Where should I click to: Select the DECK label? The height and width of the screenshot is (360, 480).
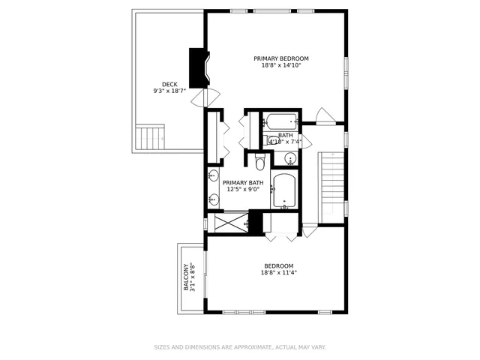click(x=170, y=84)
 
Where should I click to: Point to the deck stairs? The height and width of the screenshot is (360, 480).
click(x=150, y=137)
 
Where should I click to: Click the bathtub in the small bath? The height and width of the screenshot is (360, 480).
click(x=280, y=121)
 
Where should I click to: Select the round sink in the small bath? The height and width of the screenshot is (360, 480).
click(x=289, y=157)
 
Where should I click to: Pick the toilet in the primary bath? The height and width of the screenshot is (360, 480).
click(x=260, y=162)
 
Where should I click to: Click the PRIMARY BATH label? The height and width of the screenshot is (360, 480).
click(x=243, y=183)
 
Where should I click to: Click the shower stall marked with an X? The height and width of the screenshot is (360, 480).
click(x=228, y=223)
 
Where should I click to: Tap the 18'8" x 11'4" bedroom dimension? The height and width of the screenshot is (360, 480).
click(x=278, y=273)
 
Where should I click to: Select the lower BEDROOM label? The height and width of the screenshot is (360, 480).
click(x=278, y=265)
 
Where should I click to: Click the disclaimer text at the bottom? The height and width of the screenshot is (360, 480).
click(x=240, y=347)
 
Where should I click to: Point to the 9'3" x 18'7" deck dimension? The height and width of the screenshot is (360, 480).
click(x=169, y=91)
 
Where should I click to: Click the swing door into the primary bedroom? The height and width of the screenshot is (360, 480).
click(x=324, y=116)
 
